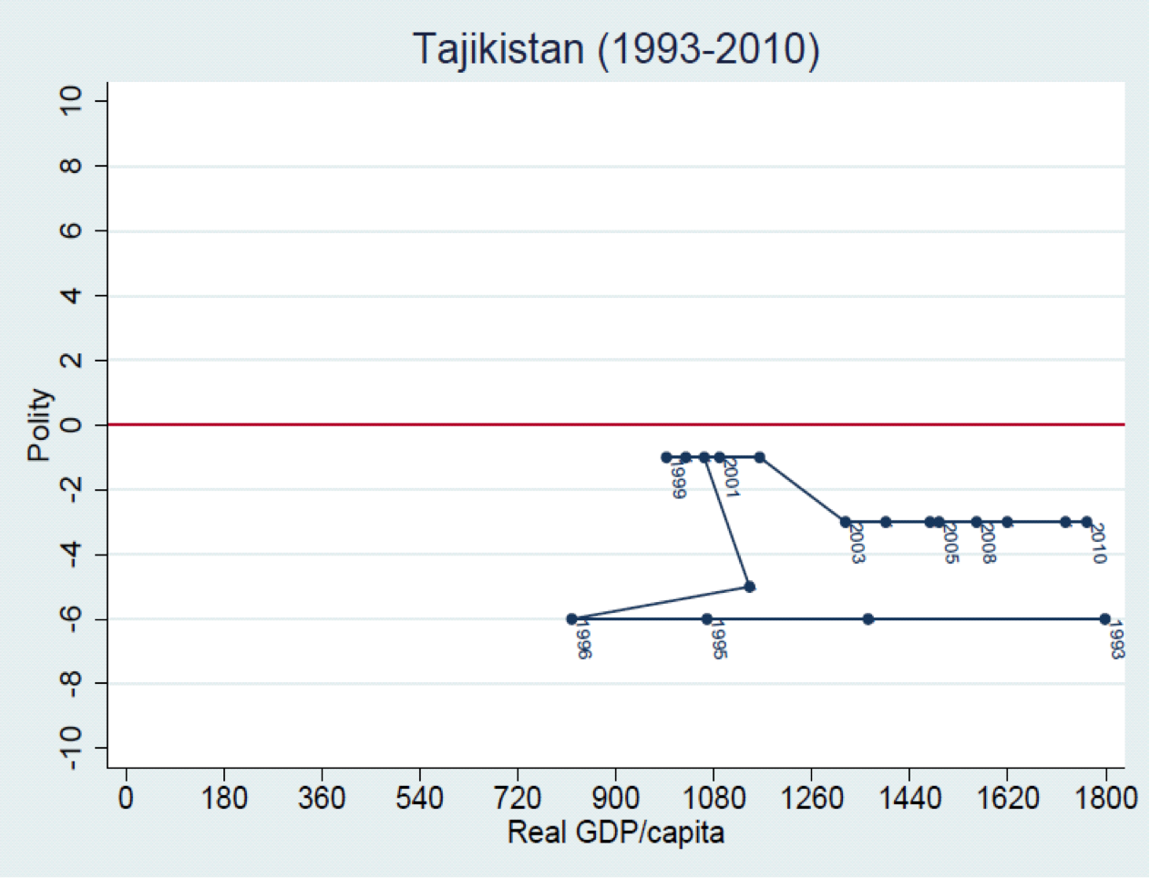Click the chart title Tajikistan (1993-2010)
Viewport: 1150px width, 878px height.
[616, 49]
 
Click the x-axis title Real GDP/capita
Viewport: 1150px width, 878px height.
[616, 832]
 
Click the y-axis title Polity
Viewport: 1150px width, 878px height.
[39, 424]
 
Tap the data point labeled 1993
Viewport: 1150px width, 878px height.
[1104, 619]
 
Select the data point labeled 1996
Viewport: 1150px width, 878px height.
[571, 619]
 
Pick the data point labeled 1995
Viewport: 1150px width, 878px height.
[706, 619]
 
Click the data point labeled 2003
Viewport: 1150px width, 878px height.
[846, 522]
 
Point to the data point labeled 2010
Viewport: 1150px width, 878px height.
[1086, 522]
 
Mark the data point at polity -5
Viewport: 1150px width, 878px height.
[749, 587]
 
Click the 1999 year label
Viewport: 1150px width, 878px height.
[677, 480]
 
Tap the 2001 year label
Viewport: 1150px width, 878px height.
[731, 478]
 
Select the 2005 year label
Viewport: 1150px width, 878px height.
[950, 544]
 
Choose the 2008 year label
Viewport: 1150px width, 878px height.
[987, 544]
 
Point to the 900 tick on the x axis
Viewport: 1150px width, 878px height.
[615, 799]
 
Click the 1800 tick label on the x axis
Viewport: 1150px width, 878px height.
[1106, 799]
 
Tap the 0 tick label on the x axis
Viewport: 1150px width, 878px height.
[126, 799]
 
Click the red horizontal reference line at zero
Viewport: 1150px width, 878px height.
[365, 424]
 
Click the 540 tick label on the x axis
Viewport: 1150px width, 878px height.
[419, 799]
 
